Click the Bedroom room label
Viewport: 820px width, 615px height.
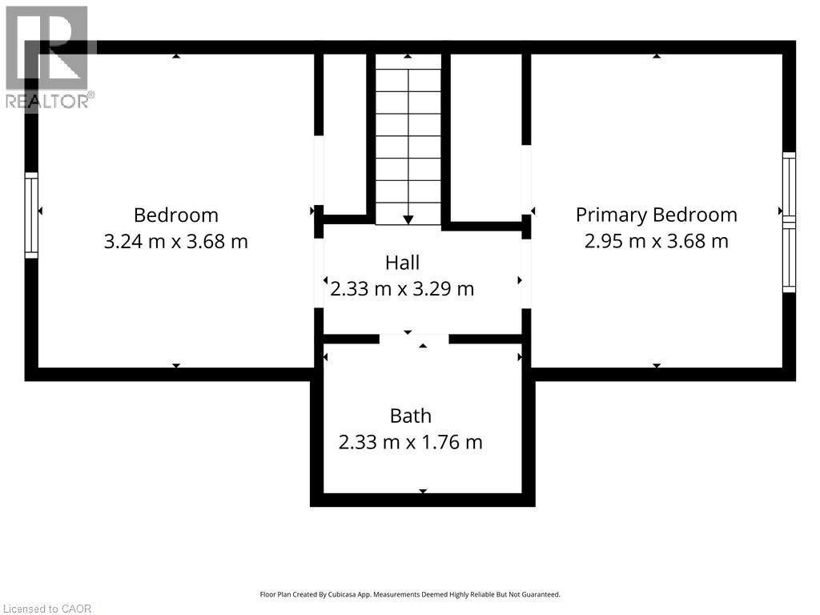[x=175, y=215]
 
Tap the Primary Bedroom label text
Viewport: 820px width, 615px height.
[x=657, y=215]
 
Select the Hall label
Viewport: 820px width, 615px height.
[x=402, y=263]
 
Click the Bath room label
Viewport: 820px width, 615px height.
[x=411, y=416]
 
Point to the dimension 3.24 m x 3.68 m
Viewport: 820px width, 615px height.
[x=175, y=242]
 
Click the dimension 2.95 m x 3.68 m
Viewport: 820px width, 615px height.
[x=657, y=241]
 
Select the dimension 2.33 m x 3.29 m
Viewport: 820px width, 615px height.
[x=402, y=288]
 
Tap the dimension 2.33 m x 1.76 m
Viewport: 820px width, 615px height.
[x=411, y=442]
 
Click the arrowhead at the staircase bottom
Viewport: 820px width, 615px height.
[x=408, y=220]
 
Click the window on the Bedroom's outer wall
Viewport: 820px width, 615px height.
[x=31, y=215]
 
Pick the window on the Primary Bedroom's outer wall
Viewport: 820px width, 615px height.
[x=789, y=223]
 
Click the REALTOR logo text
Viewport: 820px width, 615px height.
[x=50, y=101]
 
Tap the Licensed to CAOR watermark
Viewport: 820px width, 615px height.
[x=46, y=609]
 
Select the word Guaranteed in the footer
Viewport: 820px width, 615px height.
[x=542, y=595]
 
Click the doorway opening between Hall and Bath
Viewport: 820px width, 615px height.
[x=414, y=339]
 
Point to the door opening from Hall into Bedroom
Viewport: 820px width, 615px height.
[x=319, y=273]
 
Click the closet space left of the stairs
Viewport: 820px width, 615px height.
[x=344, y=134]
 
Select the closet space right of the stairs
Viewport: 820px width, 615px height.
[x=486, y=138]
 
